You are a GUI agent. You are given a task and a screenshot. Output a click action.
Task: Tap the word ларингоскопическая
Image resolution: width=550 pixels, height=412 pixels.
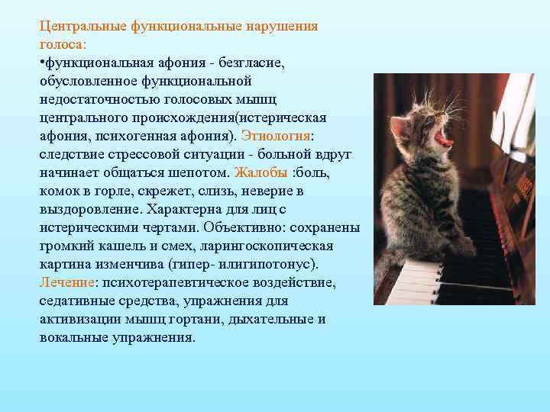tap(271, 246)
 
